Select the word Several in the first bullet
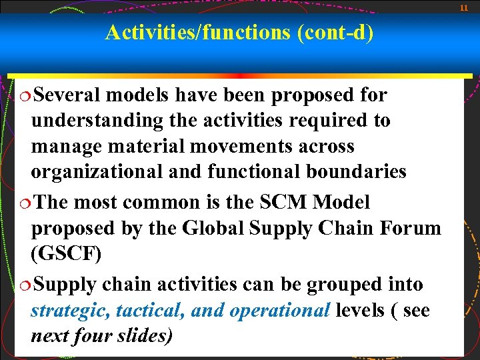coord(69,95)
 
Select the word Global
coord(214,228)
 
